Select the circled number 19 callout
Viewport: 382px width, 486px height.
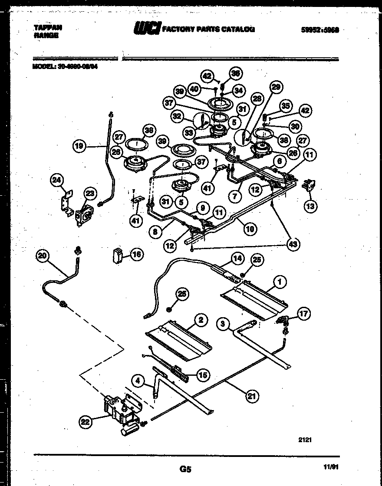tap(79, 146)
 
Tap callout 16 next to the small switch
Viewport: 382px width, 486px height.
tap(137, 255)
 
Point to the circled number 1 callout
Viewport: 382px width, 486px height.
tap(280, 282)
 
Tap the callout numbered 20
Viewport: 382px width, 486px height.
tap(42, 256)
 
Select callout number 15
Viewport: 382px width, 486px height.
tap(203, 375)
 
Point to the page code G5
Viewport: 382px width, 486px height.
tap(185, 469)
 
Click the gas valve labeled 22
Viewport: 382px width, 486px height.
tap(122, 410)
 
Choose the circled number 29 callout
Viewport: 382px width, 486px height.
tap(275, 87)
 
